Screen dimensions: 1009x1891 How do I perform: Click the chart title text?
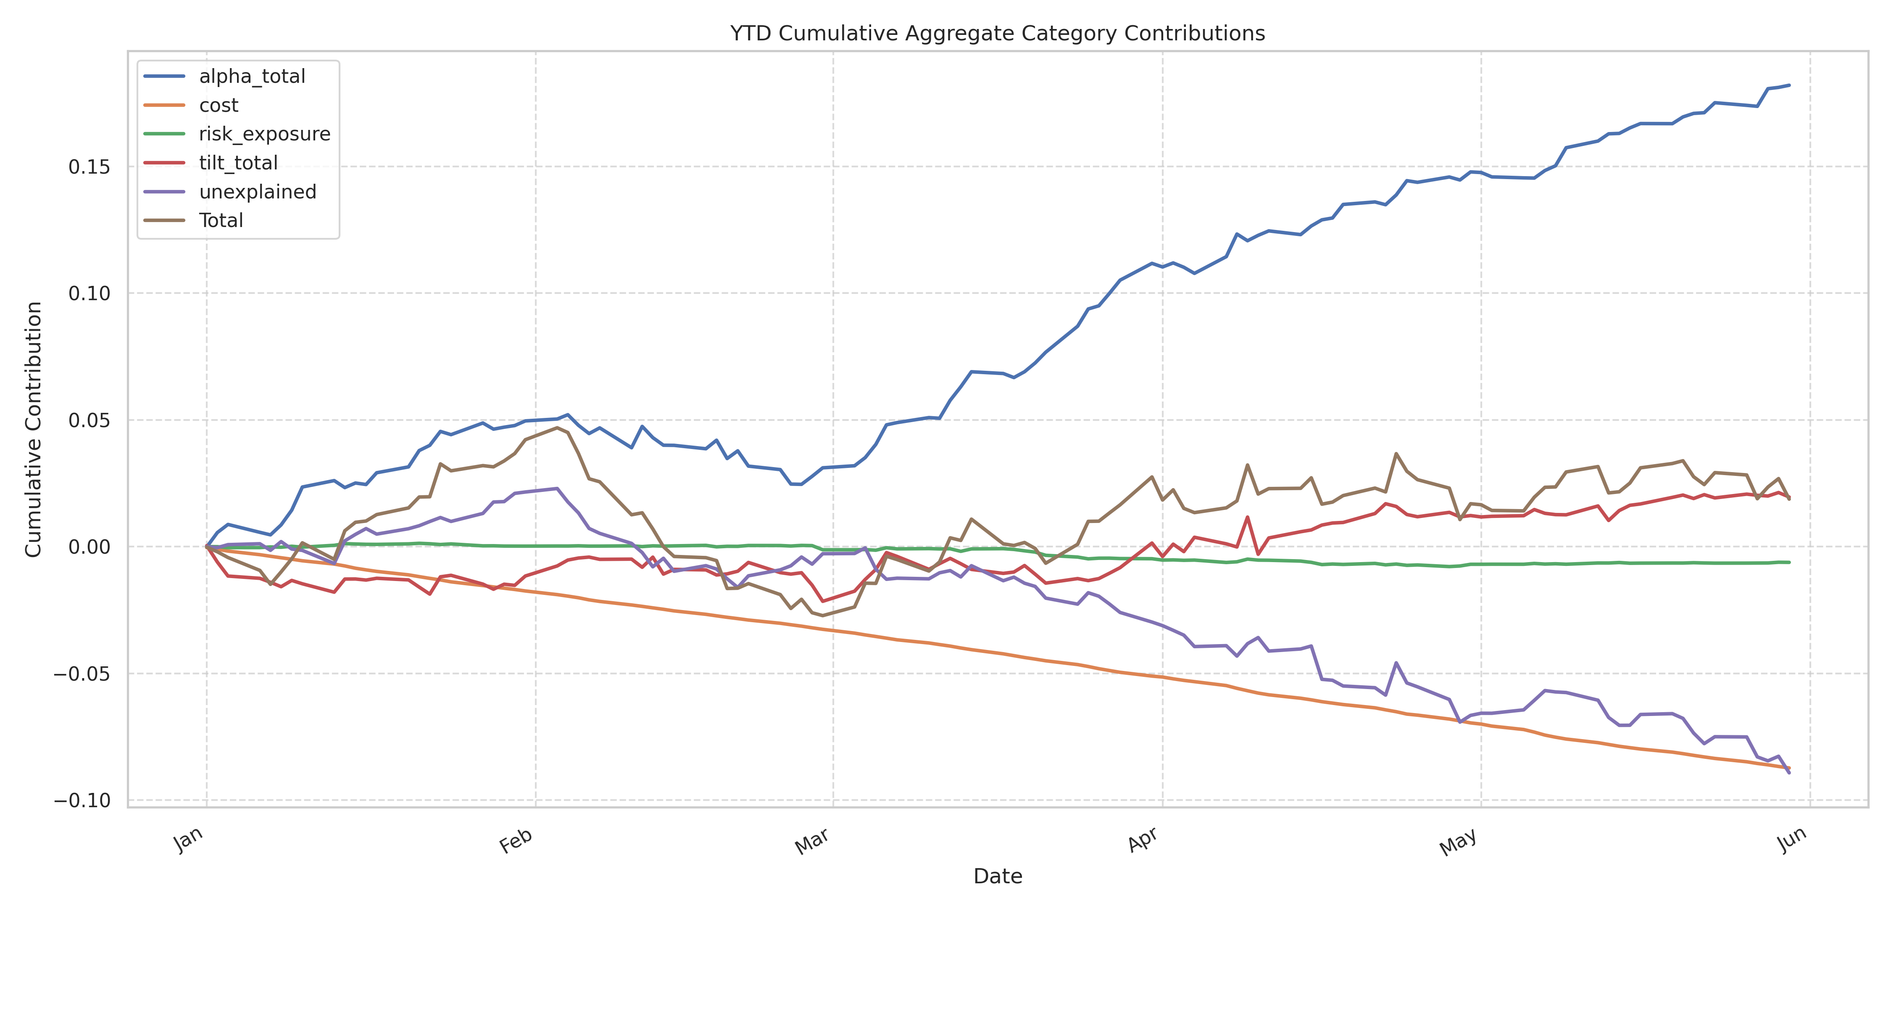click(x=997, y=33)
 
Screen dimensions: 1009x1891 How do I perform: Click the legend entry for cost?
click(x=218, y=105)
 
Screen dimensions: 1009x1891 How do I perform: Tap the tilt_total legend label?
click(x=238, y=163)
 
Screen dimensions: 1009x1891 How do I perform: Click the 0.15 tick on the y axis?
click(x=89, y=167)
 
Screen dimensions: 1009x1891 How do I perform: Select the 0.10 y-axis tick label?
click(x=89, y=294)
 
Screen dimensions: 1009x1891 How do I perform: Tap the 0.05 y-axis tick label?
click(x=89, y=421)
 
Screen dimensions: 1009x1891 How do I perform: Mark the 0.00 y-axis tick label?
click(x=89, y=547)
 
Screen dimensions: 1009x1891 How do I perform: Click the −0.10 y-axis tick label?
click(x=82, y=800)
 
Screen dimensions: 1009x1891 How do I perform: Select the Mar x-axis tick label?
click(x=812, y=841)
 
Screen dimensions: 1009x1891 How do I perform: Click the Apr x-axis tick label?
click(x=1143, y=840)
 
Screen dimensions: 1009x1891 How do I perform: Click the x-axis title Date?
click(x=997, y=876)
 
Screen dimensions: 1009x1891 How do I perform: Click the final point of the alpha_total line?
click(x=1789, y=85)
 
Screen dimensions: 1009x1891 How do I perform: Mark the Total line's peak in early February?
click(x=556, y=428)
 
